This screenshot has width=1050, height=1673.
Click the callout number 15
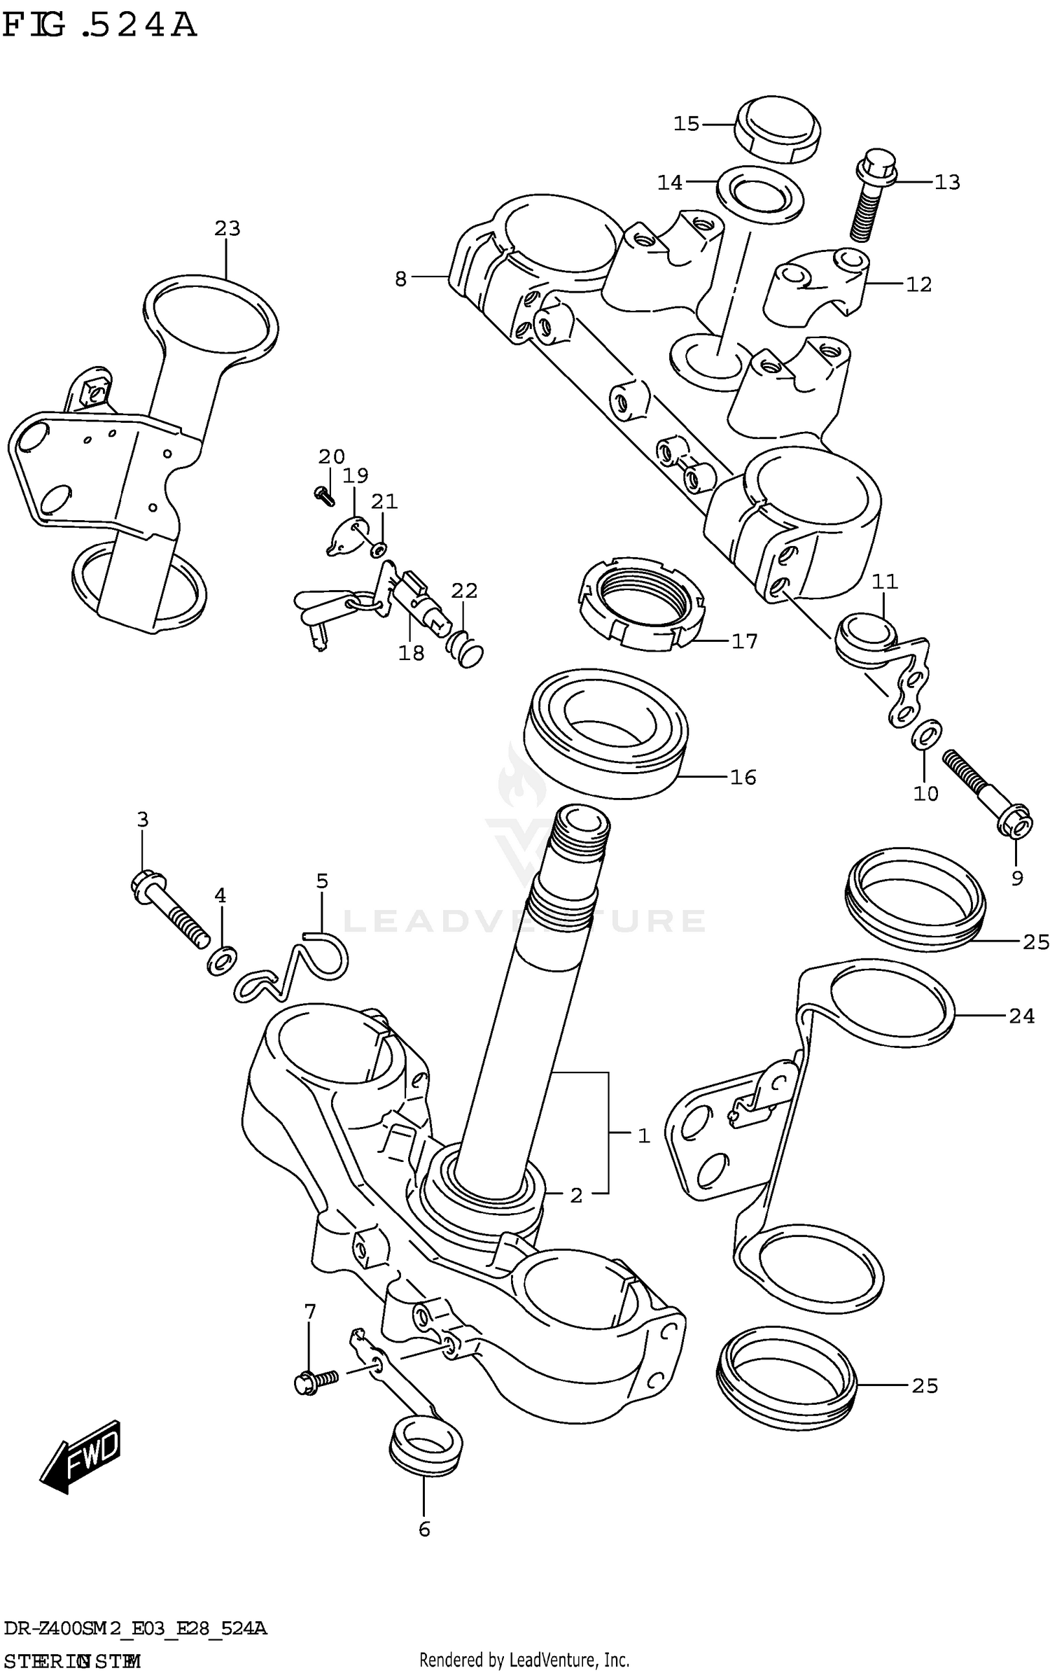686,124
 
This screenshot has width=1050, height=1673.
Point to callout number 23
227,228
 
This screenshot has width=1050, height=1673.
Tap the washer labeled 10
927,733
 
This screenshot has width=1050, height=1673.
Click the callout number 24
1021,1016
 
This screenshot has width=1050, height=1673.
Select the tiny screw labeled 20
324,495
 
